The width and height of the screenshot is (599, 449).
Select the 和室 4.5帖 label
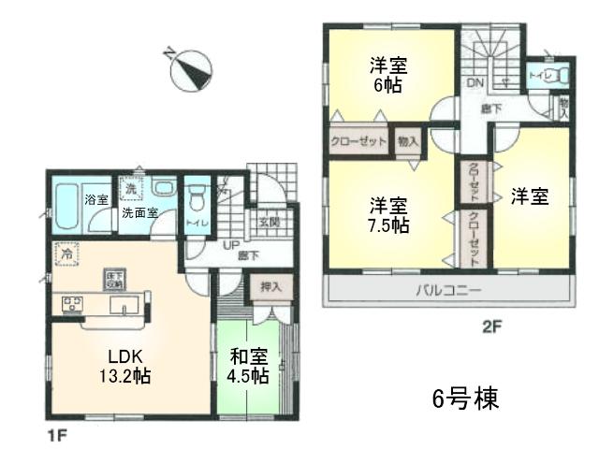pyautogui.click(x=248, y=366)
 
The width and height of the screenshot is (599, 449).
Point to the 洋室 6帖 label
pyautogui.click(x=387, y=74)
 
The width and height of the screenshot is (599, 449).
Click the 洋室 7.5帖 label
pyautogui.click(x=387, y=213)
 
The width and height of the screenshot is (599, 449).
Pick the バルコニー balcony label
pyautogui.click(x=448, y=290)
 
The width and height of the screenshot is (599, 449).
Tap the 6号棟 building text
pyautogui.click(x=462, y=398)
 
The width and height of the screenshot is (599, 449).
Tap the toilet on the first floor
pyautogui.click(x=197, y=198)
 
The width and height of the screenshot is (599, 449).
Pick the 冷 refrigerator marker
pyautogui.click(x=66, y=253)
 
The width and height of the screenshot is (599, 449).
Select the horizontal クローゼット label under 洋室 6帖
pyautogui.click(x=358, y=142)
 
